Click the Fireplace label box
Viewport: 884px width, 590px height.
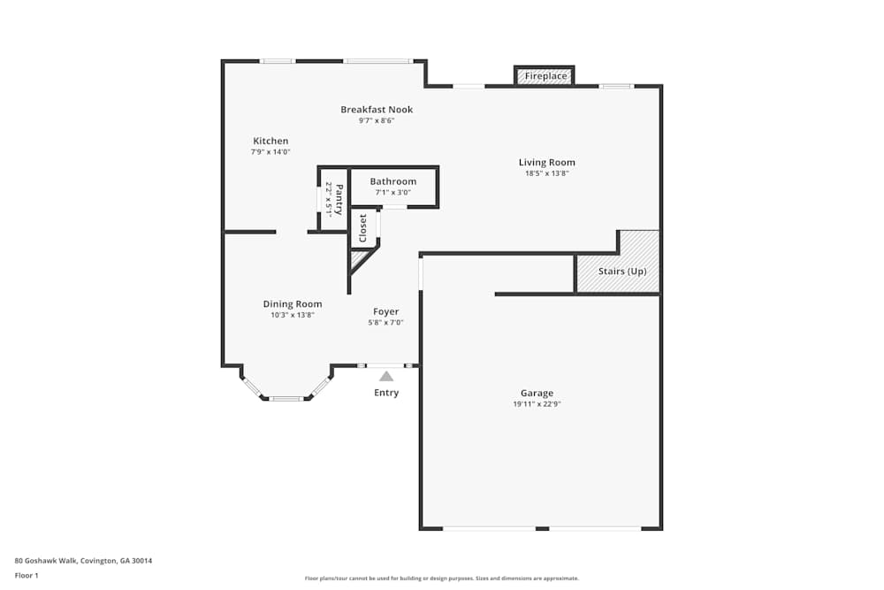pyautogui.click(x=544, y=75)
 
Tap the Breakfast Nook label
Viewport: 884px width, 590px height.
pyautogui.click(x=377, y=110)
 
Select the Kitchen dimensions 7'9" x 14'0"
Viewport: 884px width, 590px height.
pyautogui.click(x=271, y=152)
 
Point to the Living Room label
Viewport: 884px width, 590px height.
pyautogui.click(x=547, y=163)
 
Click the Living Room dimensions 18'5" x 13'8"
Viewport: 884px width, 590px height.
pyautogui.click(x=547, y=173)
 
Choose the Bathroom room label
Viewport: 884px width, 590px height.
pyautogui.click(x=393, y=181)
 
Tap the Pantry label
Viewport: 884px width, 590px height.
pyautogui.click(x=339, y=199)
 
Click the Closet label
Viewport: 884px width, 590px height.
pyautogui.click(x=363, y=228)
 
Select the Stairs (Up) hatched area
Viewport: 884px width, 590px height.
pyautogui.click(x=618, y=262)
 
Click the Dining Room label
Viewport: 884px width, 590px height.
pyautogui.click(x=293, y=304)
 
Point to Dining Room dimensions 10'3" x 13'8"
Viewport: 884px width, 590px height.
pyautogui.click(x=293, y=315)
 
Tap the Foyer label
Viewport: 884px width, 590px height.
pyautogui.click(x=385, y=311)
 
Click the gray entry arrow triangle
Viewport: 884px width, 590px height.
pyautogui.click(x=386, y=376)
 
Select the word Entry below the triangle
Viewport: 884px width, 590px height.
pyautogui.click(x=386, y=393)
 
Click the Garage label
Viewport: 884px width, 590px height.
pyautogui.click(x=537, y=393)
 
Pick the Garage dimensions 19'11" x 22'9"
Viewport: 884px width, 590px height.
pyautogui.click(x=537, y=404)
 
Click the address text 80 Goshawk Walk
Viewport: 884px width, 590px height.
pyautogui.click(x=46, y=561)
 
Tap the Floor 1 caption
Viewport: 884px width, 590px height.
pyautogui.click(x=27, y=575)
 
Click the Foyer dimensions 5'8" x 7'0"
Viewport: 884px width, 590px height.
pyautogui.click(x=385, y=323)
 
